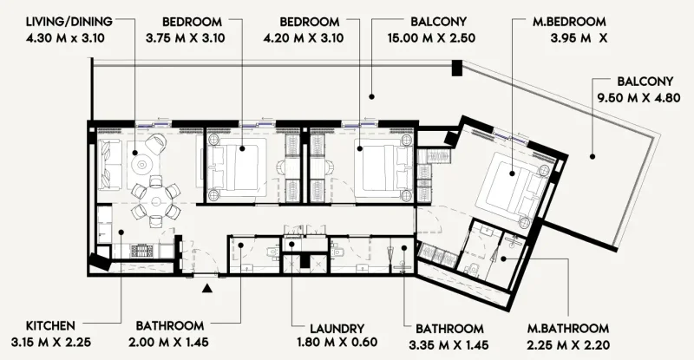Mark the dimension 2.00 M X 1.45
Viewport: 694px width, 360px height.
tap(170, 343)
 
